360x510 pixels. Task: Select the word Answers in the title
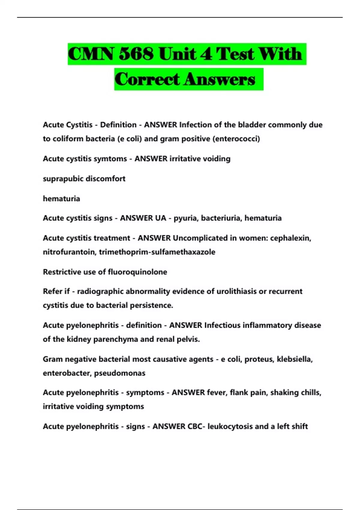220,79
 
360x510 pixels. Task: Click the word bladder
252,125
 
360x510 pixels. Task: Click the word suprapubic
63,179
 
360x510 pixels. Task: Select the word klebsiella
295,359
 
